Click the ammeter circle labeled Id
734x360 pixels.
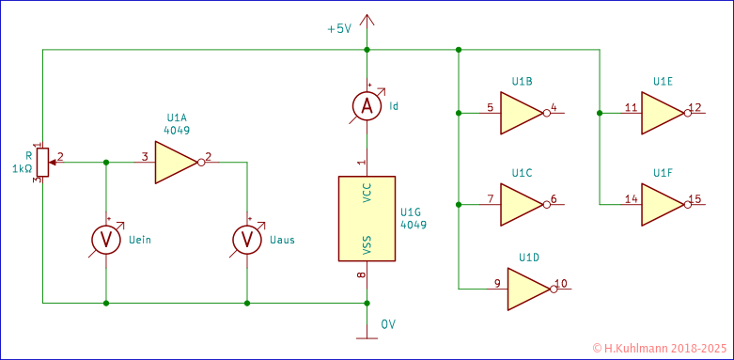[367, 107]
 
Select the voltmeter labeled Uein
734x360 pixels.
[106, 241]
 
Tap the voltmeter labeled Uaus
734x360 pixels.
[247, 241]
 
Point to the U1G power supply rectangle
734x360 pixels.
[367, 218]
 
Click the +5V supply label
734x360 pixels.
[338, 29]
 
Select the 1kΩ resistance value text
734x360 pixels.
[22, 169]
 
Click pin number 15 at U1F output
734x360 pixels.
[695, 198]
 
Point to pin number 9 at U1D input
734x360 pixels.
[496, 283]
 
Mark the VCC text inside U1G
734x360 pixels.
[367, 192]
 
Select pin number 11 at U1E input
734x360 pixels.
[631, 107]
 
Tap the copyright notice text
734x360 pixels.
[661, 348]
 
